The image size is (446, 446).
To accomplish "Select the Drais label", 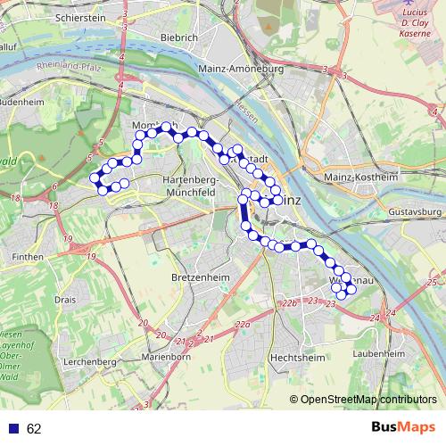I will click(x=66, y=300).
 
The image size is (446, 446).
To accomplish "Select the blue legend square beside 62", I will click(x=13, y=429).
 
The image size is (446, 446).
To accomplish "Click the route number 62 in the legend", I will click(x=34, y=429).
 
